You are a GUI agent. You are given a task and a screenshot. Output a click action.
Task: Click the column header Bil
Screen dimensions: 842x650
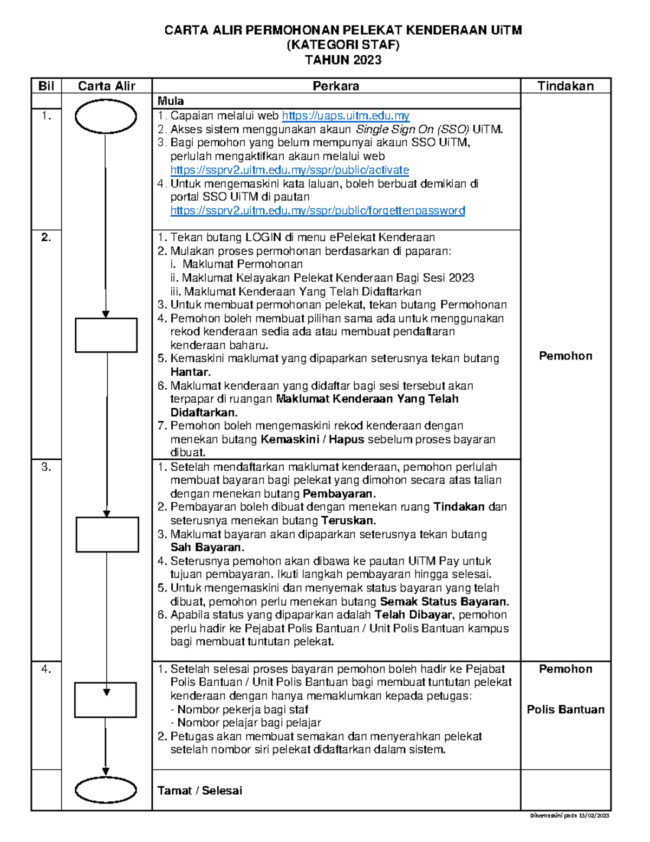(46, 86)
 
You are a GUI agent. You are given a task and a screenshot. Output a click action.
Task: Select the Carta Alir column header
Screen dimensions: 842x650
(106, 86)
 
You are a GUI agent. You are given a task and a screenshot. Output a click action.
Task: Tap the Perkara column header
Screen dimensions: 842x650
(336, 86)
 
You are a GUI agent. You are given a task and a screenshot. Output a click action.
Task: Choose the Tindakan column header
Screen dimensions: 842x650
(565, 86)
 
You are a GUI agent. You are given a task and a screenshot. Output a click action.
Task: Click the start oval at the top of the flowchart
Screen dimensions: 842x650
(106, 117)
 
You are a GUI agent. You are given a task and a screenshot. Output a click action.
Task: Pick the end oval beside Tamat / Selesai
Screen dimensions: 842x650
(106, 790)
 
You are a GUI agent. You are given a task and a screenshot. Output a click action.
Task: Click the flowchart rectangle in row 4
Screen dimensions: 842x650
(105, 700)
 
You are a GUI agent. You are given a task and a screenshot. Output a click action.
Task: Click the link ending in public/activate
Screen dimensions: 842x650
(289, 170)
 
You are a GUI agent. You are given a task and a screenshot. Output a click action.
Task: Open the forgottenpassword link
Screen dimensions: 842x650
(317, 210)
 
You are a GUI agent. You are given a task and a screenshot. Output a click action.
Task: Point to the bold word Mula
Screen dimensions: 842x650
(171, 101)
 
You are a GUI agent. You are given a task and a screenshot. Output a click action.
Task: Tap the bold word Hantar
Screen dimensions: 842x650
(190, 372)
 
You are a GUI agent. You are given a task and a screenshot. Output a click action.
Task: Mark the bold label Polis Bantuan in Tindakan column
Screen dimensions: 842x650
(565, 709)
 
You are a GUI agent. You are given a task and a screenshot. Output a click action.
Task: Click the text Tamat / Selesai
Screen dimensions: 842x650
(199, 790)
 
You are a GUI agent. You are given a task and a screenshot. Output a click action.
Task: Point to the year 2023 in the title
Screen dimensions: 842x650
(367, 60)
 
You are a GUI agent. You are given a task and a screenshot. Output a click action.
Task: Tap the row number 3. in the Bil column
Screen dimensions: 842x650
(46, 467)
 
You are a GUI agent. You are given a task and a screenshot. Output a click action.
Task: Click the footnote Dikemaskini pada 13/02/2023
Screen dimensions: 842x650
(570, 815)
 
